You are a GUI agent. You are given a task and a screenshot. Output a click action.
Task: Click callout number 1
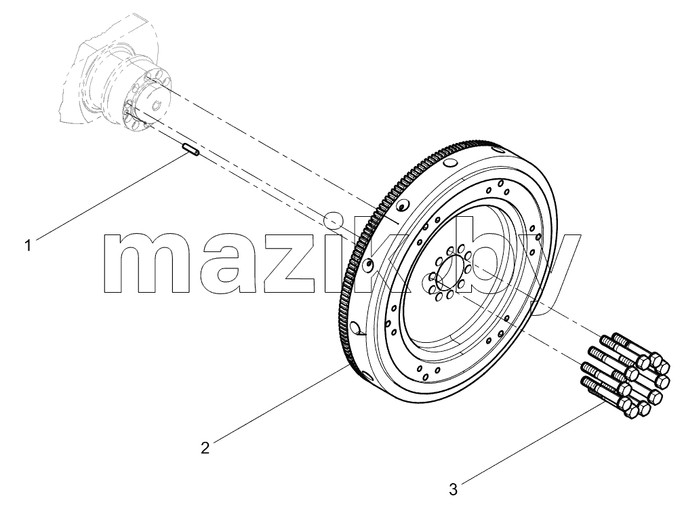click(x=28, y=245)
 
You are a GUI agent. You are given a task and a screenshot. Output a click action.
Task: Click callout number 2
click(x=205, y=448)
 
